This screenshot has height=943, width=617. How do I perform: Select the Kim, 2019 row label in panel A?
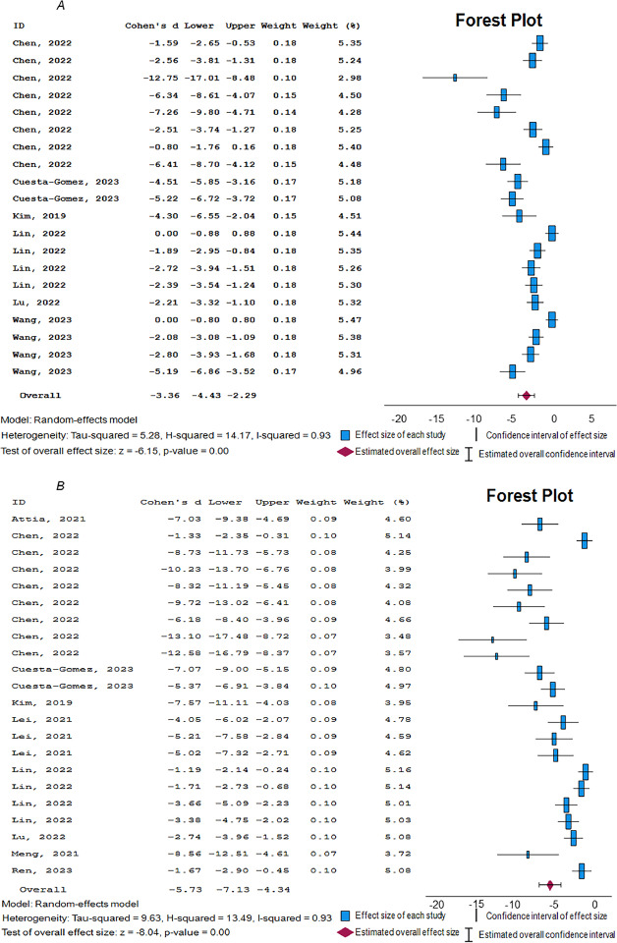[x=35, y=216]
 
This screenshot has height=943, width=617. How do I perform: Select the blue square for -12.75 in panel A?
[x=455, y=77]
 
